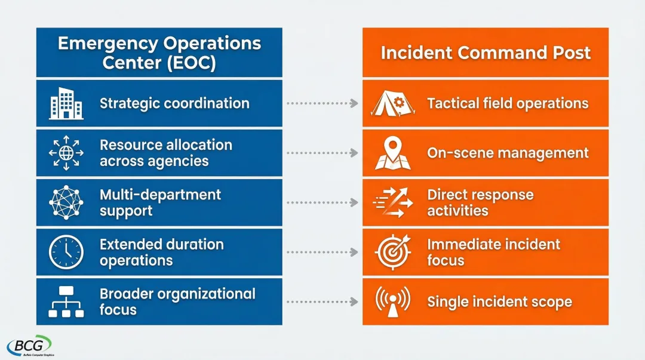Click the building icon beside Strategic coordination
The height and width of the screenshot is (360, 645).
(66, 103)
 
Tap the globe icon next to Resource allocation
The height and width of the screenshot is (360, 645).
(66, 153)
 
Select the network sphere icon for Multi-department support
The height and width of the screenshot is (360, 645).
(66, 202)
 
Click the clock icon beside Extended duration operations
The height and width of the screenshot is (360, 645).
(66, 252)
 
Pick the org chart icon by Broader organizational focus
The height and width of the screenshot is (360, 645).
(66, 301)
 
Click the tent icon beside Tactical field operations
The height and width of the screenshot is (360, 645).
(391, 103)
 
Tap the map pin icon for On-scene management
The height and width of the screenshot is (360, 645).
(392, 153)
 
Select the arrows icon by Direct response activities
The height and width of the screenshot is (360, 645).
(392, 202)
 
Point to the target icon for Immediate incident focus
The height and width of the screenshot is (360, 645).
(392, 252)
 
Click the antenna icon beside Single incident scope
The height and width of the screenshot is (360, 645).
(392, 301)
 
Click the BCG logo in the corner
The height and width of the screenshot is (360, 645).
(29, 346)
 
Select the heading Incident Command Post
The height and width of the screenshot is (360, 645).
(486, 53)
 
